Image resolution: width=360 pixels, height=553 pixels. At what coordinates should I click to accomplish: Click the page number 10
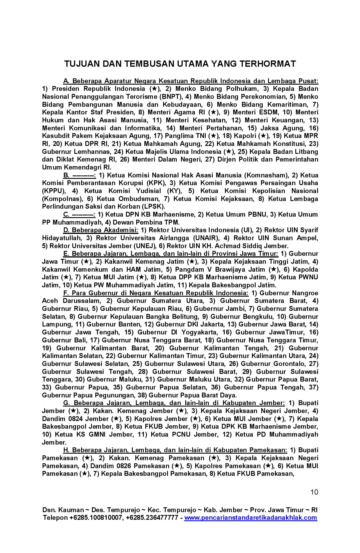coord(314,492)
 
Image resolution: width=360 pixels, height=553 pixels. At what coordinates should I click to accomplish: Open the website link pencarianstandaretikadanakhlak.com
coord(250,518)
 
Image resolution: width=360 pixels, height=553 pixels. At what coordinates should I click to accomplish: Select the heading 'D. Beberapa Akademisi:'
coord(101,230)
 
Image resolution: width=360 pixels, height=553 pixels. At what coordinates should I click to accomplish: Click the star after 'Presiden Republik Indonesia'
coord(155,89)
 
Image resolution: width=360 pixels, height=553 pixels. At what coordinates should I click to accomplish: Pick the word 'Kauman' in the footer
coord(66,510)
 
